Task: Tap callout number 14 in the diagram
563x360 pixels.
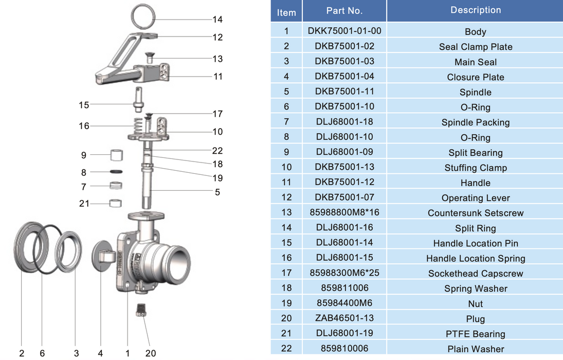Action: tap(217, 20)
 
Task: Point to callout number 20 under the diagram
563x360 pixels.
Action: tap(150, 353)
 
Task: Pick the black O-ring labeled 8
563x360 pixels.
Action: tap(116, 171)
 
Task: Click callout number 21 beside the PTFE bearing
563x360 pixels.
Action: tap(84, 204)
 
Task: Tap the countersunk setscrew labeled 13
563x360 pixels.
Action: tap(151, 58)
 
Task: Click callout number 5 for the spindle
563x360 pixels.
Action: tap(217, 192)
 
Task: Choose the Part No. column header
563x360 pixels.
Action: tap(344, 11)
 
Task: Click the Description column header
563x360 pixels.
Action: tap(475, 10)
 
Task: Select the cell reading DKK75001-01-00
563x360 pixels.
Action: tap(344, 31)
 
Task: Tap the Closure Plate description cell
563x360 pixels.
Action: tap(475, 77)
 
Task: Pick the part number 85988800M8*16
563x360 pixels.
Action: tap(344, 212)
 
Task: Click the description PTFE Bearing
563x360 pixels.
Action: tap(475, 334)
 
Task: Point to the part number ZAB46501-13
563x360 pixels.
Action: tap(344, 318)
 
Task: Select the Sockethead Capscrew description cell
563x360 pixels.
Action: tap(475, 274)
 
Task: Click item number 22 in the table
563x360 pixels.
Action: tap(286, 349)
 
